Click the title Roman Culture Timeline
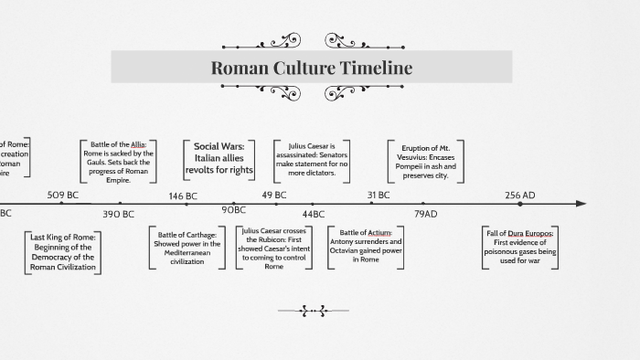point(311,68)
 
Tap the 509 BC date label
point(63,195)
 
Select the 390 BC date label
point(118,214)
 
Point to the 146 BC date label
point(183,196)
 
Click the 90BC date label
point(234,211)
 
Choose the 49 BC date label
point(274,195)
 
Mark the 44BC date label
point(314,214)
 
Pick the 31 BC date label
point(379,195)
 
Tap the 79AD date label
point(426,214)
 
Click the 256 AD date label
point(520,195)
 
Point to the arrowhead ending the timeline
point(581,204)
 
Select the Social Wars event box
point(219,158)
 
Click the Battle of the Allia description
point(118,162)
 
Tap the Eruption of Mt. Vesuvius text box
point(425,162)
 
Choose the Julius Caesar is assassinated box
point(312,159)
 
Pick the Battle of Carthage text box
point(187,247)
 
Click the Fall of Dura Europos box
point(520,247)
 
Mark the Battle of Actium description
point(366,246)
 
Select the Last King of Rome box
point(64,251)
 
